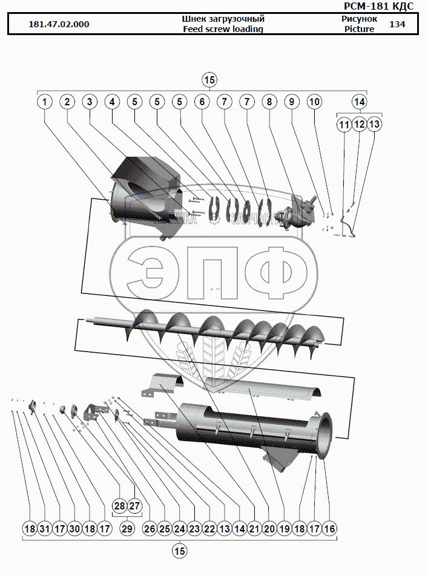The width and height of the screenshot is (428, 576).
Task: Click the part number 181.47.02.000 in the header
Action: [59, 25]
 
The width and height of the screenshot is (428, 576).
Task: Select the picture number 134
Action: [397, 24]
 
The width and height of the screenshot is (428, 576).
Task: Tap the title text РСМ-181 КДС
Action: [387, 6]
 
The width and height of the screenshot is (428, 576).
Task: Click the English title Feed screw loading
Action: [223, 29]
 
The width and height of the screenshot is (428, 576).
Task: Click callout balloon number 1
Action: [44, 102]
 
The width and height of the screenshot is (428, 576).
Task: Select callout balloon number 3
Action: [90, 102]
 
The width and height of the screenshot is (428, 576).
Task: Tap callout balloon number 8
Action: [269, 102]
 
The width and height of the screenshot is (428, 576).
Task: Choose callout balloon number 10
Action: [314, 102]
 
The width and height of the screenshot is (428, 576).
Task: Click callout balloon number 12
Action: [359, 125]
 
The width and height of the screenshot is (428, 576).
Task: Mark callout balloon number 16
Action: [329, 529]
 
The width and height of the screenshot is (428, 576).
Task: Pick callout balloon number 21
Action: [254, 529]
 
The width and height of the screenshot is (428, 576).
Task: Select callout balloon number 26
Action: [149, 529]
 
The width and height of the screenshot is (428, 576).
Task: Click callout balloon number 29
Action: [127, 529]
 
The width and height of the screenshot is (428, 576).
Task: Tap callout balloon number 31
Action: [44, 529]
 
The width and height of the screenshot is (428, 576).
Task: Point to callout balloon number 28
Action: [119, 506]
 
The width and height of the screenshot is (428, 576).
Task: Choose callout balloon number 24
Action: [179, 529]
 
